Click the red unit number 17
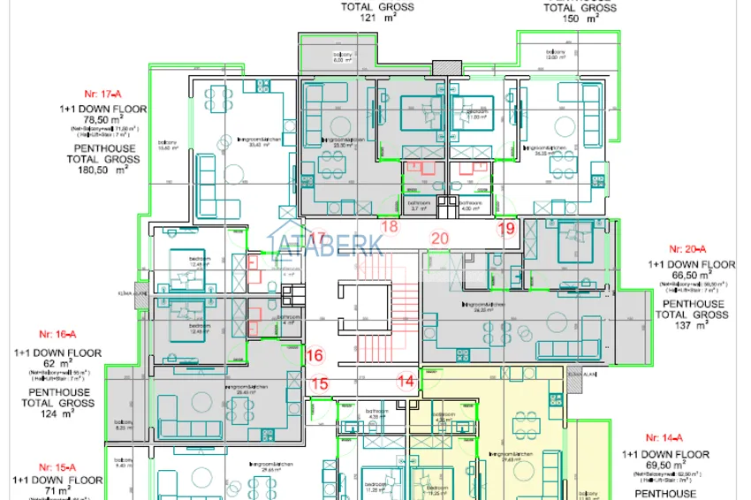[316, 238]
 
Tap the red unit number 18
[389, 227]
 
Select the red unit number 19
[505, 228]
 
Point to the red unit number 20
[439, 238]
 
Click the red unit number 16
[314, 355]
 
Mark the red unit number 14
[406, 382]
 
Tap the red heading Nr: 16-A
[57, 334]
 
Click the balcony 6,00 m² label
[337, 58]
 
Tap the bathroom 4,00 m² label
[470, 205]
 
